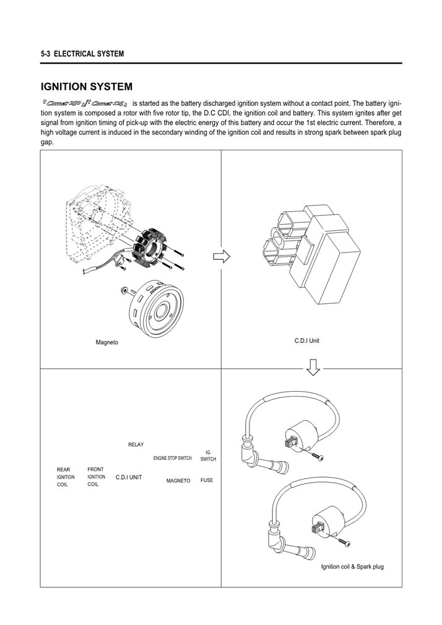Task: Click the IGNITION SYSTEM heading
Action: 86,87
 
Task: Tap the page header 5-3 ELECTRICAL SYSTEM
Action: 82,54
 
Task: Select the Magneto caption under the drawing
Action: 106,342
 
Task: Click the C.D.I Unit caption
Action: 306,340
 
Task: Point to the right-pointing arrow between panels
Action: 221,256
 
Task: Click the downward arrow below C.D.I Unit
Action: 313,368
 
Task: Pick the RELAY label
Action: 136,444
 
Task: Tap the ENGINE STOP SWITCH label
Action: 173,459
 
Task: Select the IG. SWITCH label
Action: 208,455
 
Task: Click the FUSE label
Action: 207,480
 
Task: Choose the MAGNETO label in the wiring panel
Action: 178,481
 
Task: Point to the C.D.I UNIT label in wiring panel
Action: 129,478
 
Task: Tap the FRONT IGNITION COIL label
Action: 97,476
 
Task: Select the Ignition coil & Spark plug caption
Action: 352,566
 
